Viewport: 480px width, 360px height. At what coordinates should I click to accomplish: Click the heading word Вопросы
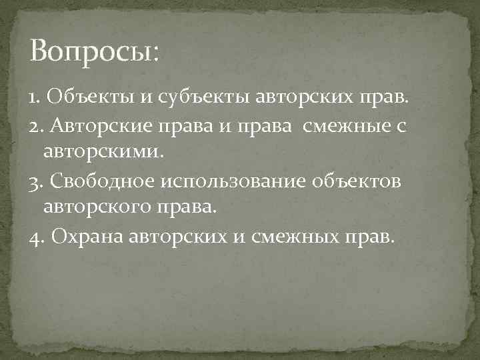click(x=93, y=51)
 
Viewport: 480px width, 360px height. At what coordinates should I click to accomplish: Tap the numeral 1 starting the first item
click(x=33, y=99)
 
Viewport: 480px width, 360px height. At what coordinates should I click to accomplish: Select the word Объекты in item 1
click(x=90, y=99)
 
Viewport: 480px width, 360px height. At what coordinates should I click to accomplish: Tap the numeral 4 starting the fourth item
click(x=35, y=237)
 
